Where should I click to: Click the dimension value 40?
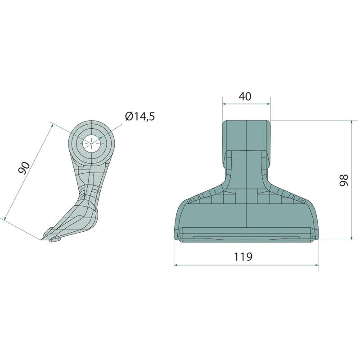point(245,96)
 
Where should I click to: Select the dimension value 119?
point(243,256)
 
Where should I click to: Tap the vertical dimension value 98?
point(344,180)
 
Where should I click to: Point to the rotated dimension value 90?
point(24,168)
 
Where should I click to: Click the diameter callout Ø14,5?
point(140,117)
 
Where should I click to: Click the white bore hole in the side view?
point(91,143)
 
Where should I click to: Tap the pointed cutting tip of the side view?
point(41,240)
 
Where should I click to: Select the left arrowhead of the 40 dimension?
point(224,104)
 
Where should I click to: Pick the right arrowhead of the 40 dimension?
point(268,104)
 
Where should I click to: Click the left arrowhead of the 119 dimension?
point(176,265)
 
